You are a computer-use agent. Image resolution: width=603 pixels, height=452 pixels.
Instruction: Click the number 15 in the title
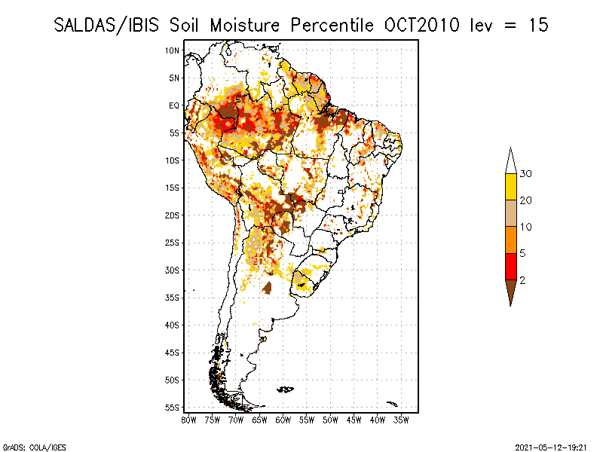pos(538,25)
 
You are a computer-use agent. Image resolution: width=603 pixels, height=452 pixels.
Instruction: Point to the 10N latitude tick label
pos(173,50)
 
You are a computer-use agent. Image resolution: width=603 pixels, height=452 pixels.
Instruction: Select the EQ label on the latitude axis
pos(174,105)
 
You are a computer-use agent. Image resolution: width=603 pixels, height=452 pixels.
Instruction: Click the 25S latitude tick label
pos(173,243)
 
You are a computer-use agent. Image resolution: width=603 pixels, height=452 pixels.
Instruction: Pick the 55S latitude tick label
pos(173,407)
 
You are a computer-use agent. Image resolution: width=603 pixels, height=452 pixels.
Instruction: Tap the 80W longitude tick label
pos(188,419)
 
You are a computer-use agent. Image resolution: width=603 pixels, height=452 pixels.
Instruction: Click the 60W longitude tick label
pos(283,419)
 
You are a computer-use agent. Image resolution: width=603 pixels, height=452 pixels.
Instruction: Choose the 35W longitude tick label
pos(402,419)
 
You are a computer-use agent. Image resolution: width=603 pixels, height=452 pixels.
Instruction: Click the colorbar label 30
pos(526,174)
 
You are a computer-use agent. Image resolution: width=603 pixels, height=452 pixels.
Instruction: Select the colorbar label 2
pos(522,279)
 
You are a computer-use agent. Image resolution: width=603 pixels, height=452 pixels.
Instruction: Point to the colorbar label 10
pos(526,227)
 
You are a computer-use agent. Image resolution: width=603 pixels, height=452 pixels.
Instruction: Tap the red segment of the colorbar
pos(510,266)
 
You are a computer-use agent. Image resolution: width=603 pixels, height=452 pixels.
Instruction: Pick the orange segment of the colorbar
pos(510,240)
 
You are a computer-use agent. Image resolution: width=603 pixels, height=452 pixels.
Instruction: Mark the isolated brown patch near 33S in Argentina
pos(268,287)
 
